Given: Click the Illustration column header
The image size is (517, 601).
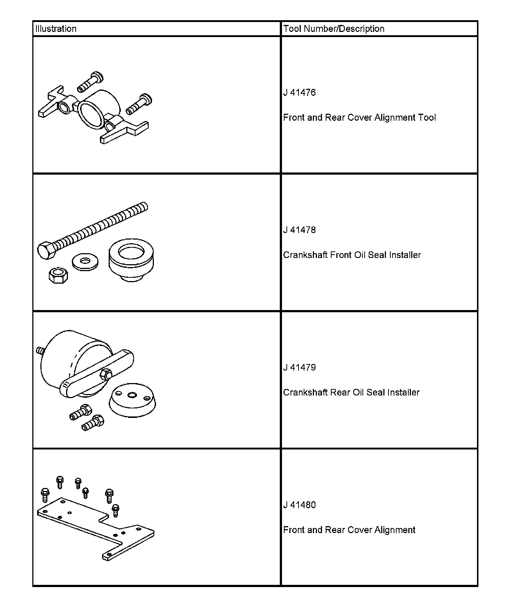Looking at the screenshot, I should (x=56, y=29).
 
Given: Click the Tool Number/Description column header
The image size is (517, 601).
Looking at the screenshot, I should (x=334, y=29).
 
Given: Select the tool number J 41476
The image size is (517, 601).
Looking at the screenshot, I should (x=299, y=92).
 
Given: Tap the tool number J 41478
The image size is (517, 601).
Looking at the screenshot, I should (x=299, y=230).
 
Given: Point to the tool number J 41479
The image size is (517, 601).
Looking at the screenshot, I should (x=299, y=367).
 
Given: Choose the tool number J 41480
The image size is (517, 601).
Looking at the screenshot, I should (x=299, y=505).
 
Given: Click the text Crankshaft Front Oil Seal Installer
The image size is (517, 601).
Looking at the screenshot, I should (x=352, y=255).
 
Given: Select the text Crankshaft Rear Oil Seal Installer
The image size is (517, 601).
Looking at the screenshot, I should (x=351, y=392).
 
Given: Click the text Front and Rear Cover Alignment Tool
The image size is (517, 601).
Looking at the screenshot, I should (x=359, y=117).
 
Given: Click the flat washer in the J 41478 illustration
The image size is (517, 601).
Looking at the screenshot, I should (x=85, y=262).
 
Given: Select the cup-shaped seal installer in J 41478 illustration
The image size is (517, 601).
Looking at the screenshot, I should (x=132, y=261).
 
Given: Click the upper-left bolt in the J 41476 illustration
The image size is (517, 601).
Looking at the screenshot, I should (x=90, y=83).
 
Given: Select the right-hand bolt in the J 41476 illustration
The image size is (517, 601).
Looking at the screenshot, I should (x=139, y=104).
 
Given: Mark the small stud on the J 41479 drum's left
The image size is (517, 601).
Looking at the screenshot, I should (x=39, y=350).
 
